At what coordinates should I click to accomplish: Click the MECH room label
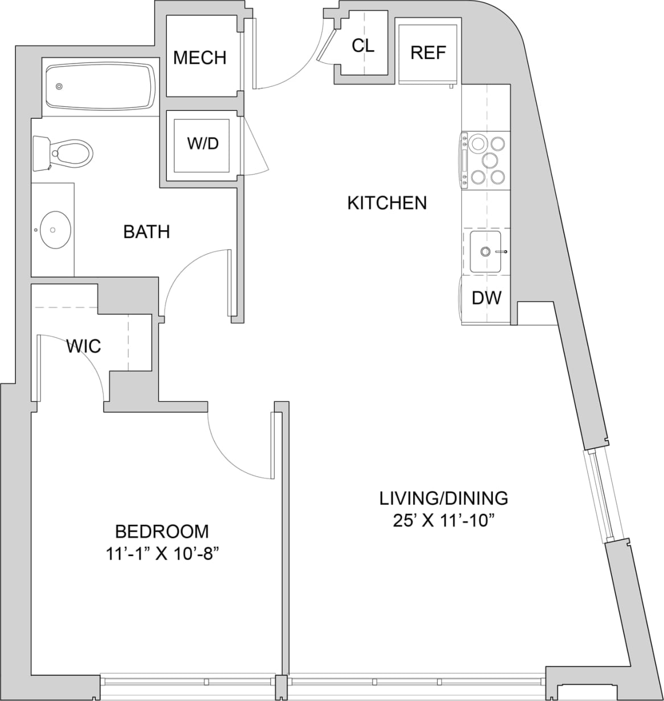(x=200, y=57)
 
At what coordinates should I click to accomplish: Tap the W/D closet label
(x=203, y=143)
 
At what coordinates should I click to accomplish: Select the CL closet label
(x=363, y=45)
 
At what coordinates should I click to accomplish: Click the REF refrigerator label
(x=428, y=53)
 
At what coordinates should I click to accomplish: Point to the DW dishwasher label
(x=486, y=297)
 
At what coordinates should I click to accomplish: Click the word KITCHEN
(x=387, y=203)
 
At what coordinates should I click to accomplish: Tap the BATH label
(x=147, y=231)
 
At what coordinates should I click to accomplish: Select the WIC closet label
(x=84, y=346)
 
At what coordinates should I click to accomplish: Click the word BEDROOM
(x=162, y=532)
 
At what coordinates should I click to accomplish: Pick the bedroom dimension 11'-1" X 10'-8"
(x=162, y=554)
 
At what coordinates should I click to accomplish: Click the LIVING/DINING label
(x=444, y=498)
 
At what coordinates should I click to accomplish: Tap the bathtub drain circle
(x=59, y=87)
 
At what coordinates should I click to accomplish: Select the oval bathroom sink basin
(x=53, y=230)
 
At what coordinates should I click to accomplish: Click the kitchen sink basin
(x=485, y=251)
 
